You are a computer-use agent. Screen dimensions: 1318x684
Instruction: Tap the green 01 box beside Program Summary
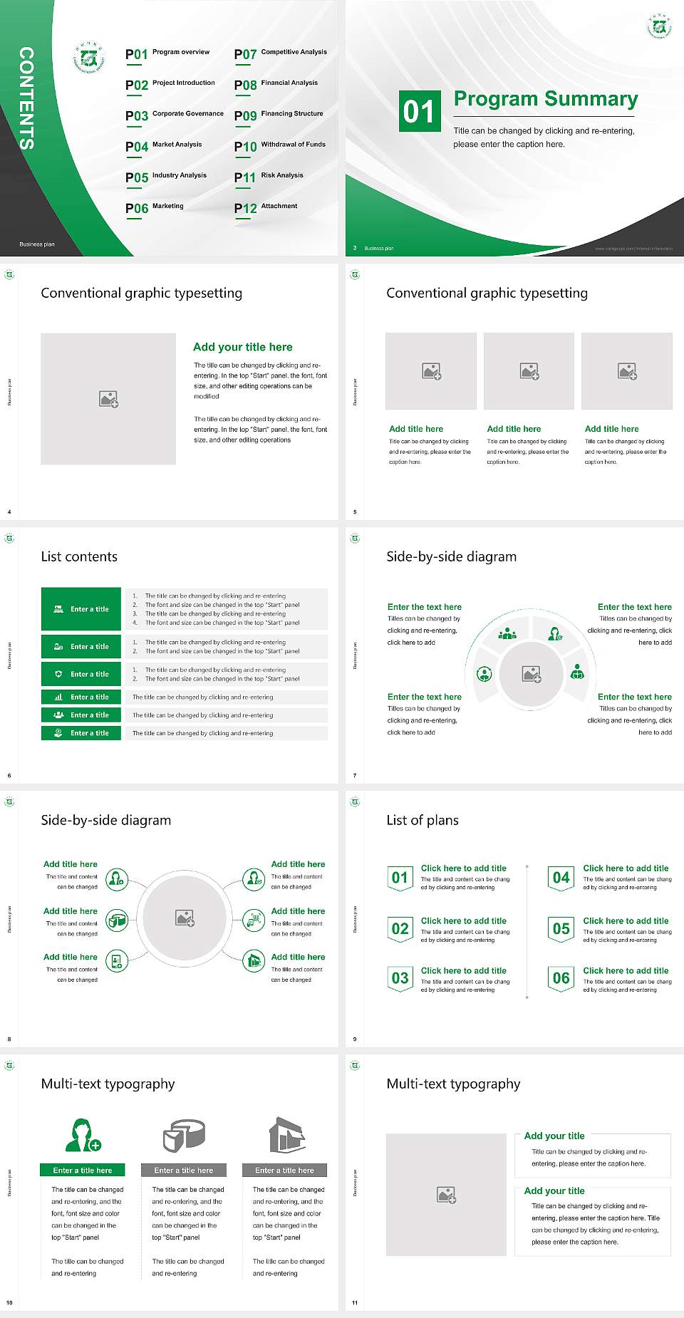tap(419, 111)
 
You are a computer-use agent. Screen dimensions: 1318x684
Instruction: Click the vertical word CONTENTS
tap(26, 98)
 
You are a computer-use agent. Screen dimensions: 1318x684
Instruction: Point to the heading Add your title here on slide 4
tap(242, 347)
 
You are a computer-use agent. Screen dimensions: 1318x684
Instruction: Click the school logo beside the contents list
tap(89, 58)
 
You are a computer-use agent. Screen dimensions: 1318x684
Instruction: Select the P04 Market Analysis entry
tap(163, 146)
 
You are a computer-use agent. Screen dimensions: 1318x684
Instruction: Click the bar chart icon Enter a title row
tap(82, 697)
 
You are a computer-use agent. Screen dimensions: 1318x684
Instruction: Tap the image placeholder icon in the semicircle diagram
tap(532, 673)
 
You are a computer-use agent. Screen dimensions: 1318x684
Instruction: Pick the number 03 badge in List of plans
tap(400, 979)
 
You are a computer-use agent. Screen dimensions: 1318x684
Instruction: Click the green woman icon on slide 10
tap(83, 1135)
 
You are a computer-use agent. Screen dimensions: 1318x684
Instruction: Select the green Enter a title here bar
tap(83, 1171)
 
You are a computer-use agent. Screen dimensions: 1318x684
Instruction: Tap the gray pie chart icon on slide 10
tap(184, 1135)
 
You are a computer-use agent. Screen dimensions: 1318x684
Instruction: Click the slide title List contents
tap(79, 556)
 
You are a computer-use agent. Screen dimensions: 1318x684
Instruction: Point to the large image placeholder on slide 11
tap(446, 1194)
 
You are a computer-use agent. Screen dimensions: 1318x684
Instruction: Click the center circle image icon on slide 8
tap(185, 918)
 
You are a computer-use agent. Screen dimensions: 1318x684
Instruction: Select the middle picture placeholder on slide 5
tap(529, 371)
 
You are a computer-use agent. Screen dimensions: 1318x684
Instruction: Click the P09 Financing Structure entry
tap(279, 115)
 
